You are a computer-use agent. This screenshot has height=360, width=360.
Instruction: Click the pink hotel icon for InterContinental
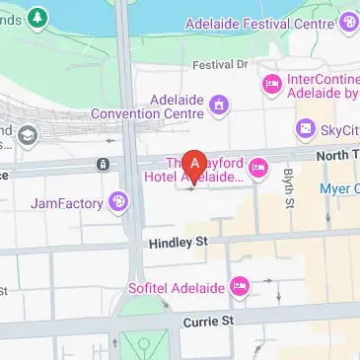[x=270, y=85]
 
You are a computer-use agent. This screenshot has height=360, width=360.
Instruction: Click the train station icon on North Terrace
[x=102, y=163]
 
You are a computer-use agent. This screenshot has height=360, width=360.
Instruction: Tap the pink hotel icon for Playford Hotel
[x=257, y=169]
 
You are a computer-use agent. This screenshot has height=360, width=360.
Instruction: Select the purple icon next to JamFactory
[x=119, y=202]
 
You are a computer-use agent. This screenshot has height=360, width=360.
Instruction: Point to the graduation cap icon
[x=28, y=133]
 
